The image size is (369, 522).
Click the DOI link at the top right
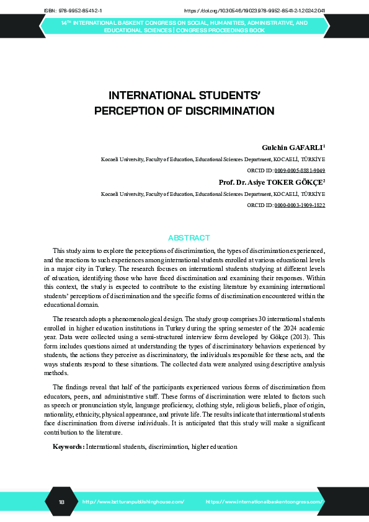255,11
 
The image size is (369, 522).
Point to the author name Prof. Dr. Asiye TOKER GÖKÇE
272,182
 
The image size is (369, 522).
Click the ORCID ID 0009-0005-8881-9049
300,170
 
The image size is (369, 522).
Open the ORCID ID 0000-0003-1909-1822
300,204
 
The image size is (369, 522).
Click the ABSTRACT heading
189,238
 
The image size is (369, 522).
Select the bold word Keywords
68,446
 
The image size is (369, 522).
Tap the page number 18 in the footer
61,501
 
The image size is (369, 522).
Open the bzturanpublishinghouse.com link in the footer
133,501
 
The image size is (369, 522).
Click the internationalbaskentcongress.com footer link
264,501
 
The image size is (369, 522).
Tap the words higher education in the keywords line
214,446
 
